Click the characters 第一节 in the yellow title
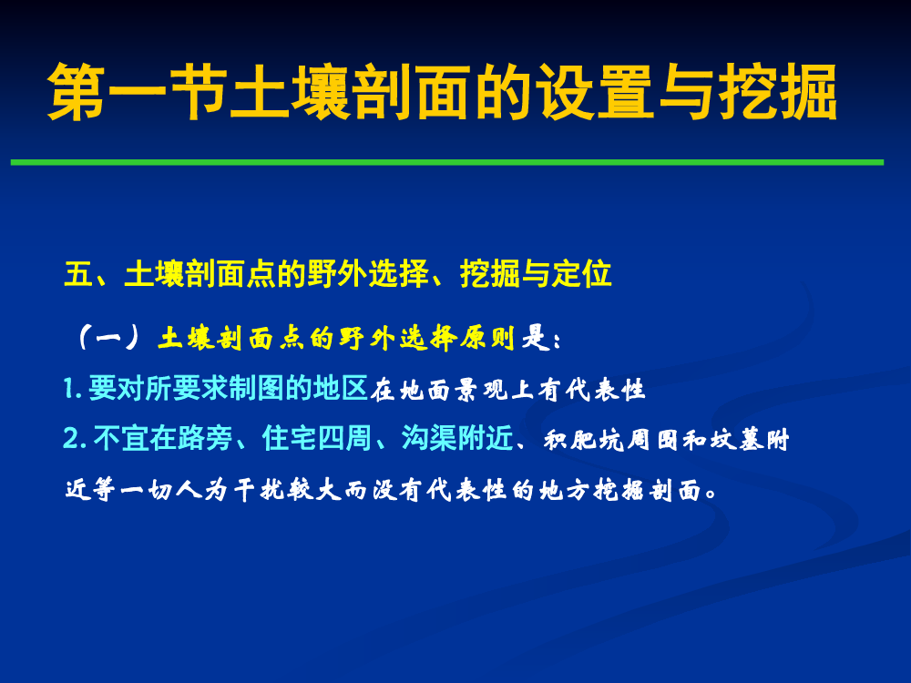[x=138, y=92]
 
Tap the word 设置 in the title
[x=596, y=92]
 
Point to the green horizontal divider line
[x=447, y=163]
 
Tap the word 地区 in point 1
[x=341, y=388]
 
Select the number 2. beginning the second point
[x=75, y=439]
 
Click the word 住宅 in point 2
[x=290, y=439]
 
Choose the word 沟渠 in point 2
[x=429, y=439]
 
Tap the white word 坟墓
[x=737, y=440]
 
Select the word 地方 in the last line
[x=565, y=491]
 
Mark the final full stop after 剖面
[x=710, y=496]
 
